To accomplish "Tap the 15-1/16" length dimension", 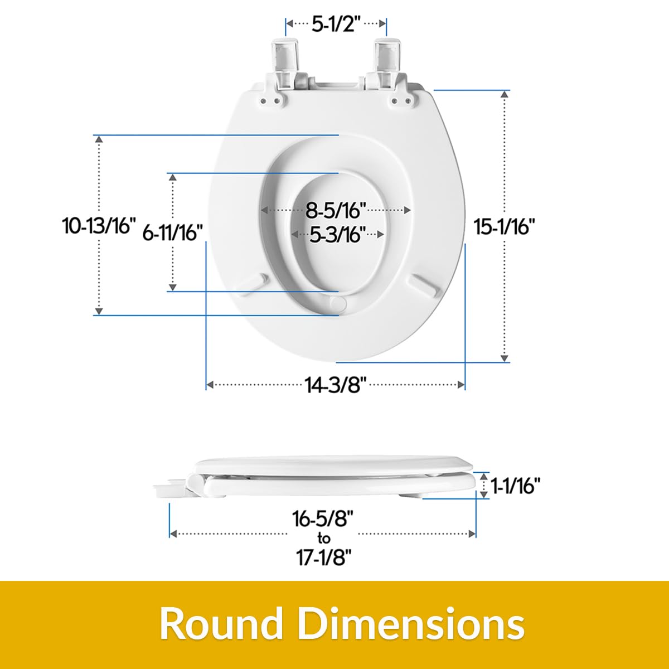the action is click(x=505, y=227).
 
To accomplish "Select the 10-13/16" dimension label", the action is click(x=99, y=225).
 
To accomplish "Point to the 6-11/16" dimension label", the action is click(x=172, y=232).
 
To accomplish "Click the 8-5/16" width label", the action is click(x=336, y=210).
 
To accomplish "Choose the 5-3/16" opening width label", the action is click(x=337, y=235).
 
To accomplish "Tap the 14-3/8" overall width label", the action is click(x=336, y=385).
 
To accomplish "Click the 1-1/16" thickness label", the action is click(x=516, y=486).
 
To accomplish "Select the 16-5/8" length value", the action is click(x=322, y=518).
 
